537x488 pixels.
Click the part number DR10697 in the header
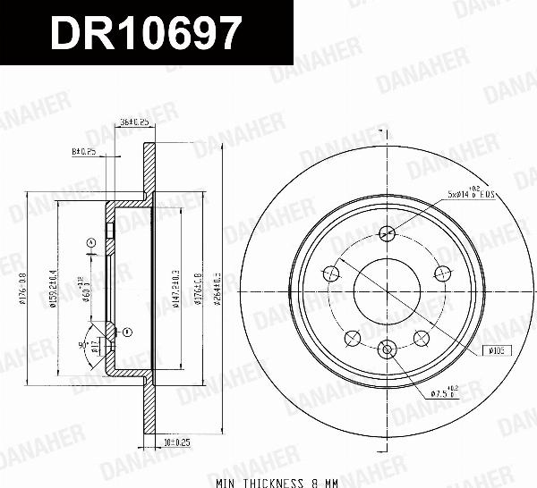click(x=145, y=34)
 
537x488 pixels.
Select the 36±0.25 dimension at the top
click(x=134, y=122)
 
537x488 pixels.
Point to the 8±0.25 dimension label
click(x=86, y=151)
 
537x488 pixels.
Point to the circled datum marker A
click(x=91, y=242)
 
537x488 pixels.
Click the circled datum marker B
click(x=126, y=332)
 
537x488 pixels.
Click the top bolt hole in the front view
click(x=388, y=234)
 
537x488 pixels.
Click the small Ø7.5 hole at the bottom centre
click(x=388, y=349)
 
